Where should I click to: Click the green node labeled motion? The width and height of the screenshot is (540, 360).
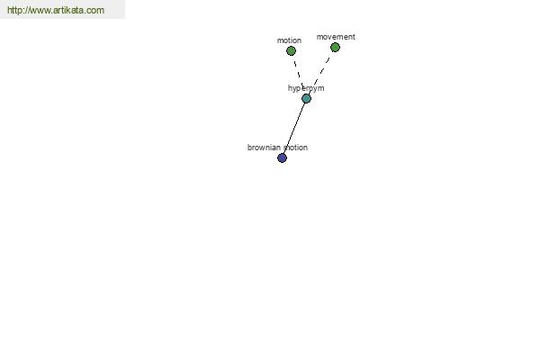click(291, 51)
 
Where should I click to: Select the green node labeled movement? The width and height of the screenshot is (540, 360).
click(335, 47)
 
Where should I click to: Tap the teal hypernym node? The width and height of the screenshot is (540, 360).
click(306, 98)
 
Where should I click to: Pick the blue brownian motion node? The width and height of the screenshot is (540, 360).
click(282, 157)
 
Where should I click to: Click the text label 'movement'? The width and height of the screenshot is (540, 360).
click(336, 37)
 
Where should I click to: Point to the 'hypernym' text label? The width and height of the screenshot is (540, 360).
click(306, 88)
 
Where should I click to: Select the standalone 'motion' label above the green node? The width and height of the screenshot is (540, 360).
click(289, 40)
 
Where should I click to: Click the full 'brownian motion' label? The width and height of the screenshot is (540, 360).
click(277, 148)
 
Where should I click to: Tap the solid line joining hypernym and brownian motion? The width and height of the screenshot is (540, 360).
click(294, 128)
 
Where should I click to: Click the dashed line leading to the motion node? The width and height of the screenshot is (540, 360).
click(298, 74)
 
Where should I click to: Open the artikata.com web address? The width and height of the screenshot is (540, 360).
click(56, 10)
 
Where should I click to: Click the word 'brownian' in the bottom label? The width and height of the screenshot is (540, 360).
click(264, 148)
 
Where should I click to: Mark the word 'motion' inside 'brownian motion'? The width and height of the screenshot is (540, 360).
click(295, 148)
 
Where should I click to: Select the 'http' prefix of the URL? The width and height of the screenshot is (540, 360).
click(14, 10)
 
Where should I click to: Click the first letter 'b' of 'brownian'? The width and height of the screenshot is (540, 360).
click(249, 148)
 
